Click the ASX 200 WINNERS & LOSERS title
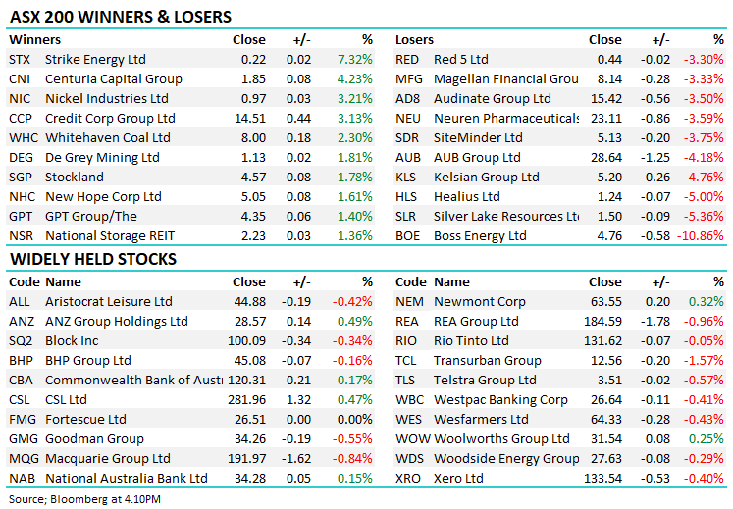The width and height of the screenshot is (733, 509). (x=121, y=17)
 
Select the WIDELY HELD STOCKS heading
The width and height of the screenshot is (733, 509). (x=93, y=259)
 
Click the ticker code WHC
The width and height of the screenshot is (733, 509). (x=21, y=138)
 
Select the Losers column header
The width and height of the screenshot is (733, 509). (x=415, y=40)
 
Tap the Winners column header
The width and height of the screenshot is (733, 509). (x=35, y=40)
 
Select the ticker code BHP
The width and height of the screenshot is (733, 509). (x=21, y=361)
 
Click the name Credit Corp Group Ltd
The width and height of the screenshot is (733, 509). (x=110, y=119)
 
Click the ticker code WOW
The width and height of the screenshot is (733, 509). (x=412, y=439)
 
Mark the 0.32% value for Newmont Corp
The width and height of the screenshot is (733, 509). (x=707, y=302)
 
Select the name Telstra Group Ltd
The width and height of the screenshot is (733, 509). (x=485, y=381)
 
